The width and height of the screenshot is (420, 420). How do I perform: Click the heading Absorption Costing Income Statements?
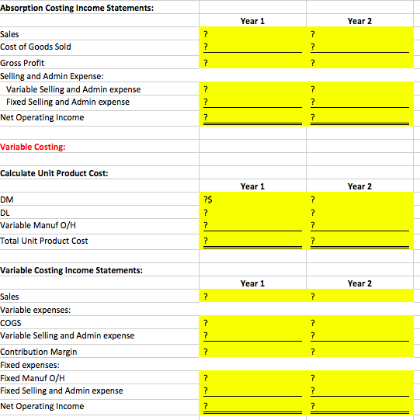pos(65,7)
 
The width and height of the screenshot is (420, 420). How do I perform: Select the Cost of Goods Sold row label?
pos(36,47)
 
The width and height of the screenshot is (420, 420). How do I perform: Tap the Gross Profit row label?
pos(23,63)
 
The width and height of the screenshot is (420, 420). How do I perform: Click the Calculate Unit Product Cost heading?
pos(54,172)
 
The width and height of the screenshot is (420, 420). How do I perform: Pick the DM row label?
pos(6,200)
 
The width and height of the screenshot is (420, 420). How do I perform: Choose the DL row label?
pos(5,212)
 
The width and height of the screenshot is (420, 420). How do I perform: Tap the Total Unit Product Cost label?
pos(44,241)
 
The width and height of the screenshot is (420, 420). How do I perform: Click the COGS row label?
pos(11,323)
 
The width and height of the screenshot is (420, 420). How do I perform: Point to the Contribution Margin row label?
pos(39,352)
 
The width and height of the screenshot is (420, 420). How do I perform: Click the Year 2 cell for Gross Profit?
pos(356,63)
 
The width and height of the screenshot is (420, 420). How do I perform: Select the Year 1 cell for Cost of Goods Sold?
pos(248,47)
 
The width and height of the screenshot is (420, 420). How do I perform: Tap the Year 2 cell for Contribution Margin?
pos(356,352)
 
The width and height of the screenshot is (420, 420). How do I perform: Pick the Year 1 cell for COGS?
pos(248,323)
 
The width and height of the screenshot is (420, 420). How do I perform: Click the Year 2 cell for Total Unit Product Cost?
pos(356,241)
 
